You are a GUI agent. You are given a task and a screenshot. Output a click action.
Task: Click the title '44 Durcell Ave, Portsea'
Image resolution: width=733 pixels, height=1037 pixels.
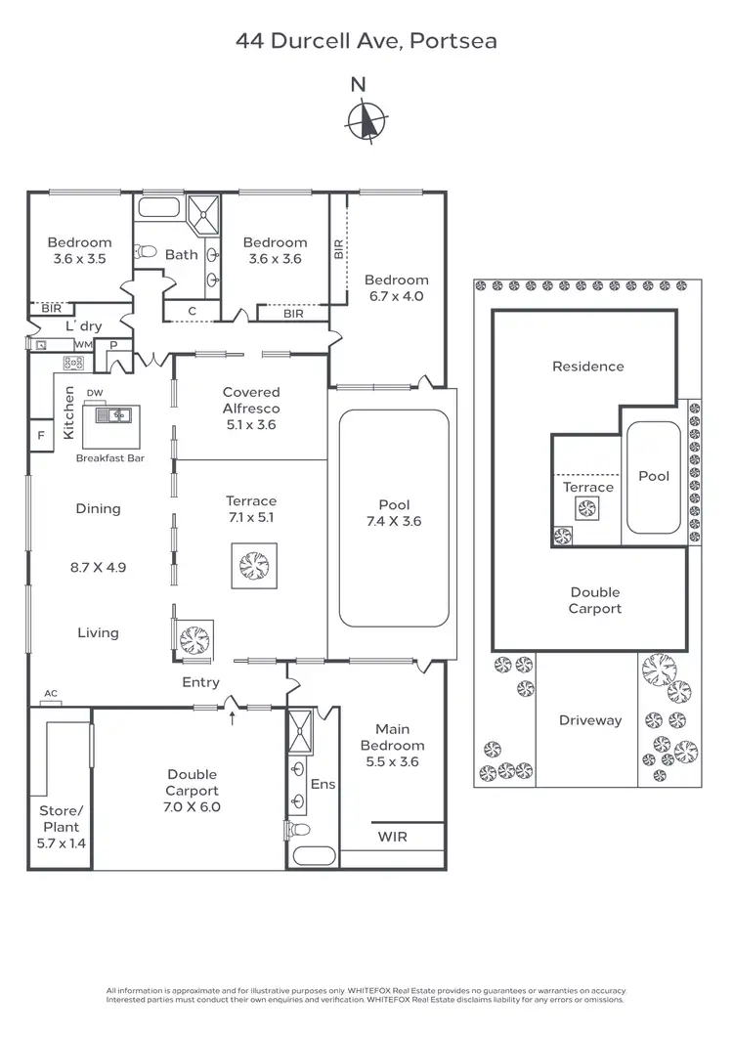pos(366,41)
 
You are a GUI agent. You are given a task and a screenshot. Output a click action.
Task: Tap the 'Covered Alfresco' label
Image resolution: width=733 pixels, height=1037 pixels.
pos(251,400)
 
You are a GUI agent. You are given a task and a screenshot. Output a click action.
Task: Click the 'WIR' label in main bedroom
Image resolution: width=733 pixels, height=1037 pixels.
pos(392,838)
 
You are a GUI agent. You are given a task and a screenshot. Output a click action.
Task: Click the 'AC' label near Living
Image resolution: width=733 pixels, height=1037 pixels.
pos(51,694)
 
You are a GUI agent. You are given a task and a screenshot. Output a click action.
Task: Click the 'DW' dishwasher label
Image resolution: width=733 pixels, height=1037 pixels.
pos(95,393)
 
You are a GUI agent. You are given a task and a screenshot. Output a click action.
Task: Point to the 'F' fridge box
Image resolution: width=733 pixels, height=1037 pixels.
pos(41,436)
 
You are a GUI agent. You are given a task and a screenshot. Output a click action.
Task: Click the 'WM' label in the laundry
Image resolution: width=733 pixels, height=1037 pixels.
pos(84,345)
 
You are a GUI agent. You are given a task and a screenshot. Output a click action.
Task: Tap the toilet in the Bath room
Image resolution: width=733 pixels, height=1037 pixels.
pos(147,251)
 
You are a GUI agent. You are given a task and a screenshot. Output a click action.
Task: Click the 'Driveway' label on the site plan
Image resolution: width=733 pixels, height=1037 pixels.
pos(590,720)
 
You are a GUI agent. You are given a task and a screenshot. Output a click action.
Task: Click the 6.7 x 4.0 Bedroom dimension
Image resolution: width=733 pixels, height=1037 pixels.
pos(396,296)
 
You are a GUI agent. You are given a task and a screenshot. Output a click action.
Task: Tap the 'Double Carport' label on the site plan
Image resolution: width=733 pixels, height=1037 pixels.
pos(594,600)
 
